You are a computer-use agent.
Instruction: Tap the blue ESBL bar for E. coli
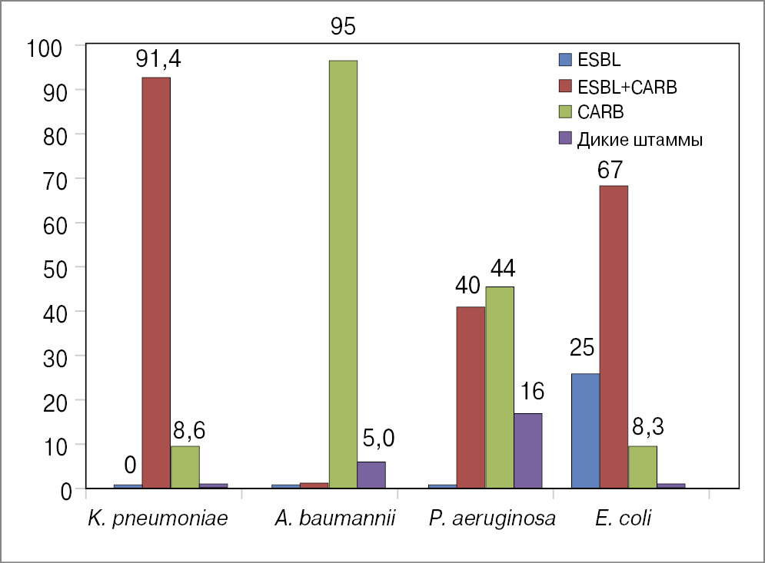[586, 430]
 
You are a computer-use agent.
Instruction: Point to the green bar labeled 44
[500, 387]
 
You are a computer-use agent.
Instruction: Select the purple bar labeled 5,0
[371, 475]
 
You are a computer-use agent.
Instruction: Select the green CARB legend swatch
[565, 112]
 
